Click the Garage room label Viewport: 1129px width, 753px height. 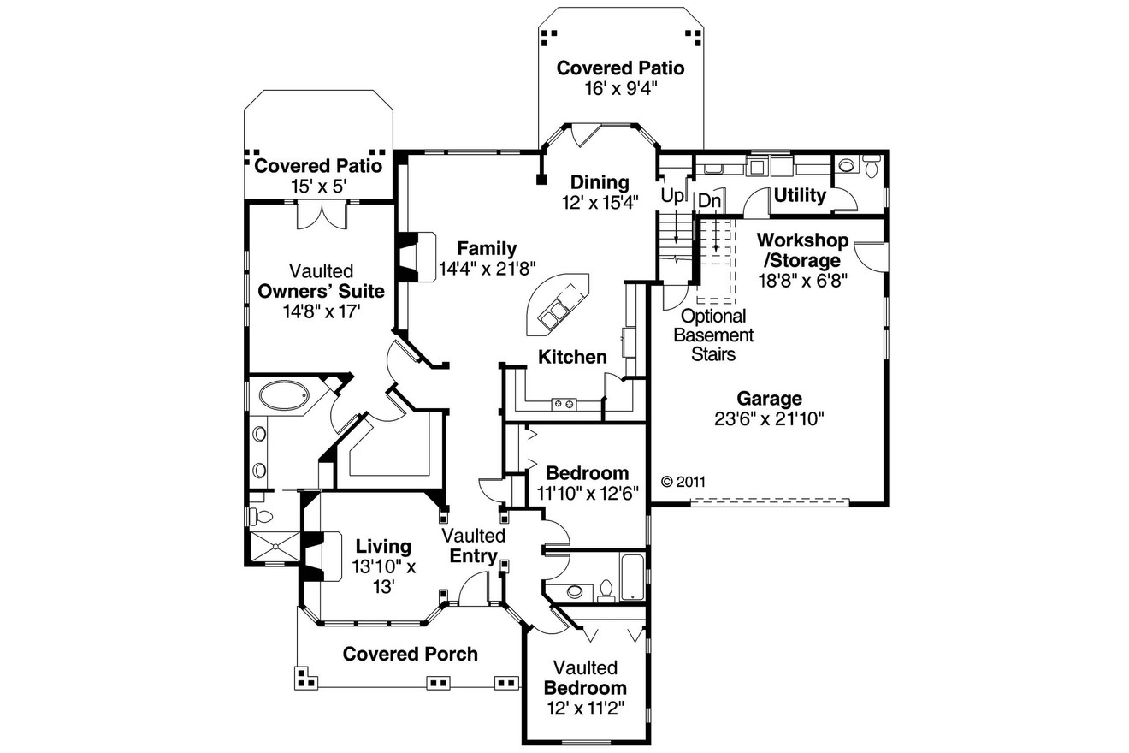coord(769,399)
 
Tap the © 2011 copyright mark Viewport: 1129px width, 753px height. coord(683,482)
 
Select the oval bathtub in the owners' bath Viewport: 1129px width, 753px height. coord(286,397)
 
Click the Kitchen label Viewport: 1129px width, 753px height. coord(572,357)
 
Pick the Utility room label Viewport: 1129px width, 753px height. coord(800,196)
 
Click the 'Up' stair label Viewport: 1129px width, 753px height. coord(672,196)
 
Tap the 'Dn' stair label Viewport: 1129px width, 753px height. coord(709,200)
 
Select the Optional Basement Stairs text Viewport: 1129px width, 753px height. coord(712,335)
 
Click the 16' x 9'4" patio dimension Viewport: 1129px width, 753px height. coord(620,88)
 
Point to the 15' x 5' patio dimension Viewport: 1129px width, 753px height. coord(318,186)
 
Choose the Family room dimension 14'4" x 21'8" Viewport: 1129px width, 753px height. coord(487,267)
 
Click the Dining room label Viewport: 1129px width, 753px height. coord(600,182)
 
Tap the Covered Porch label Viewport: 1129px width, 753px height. coord(410,654)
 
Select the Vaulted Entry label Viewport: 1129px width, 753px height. coord(473,546)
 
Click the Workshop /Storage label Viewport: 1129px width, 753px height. coord(801,250)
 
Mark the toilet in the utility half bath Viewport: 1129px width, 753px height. coord(871,167)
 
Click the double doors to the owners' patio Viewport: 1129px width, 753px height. coord(322,216)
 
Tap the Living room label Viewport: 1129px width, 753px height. coord(383,546)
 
